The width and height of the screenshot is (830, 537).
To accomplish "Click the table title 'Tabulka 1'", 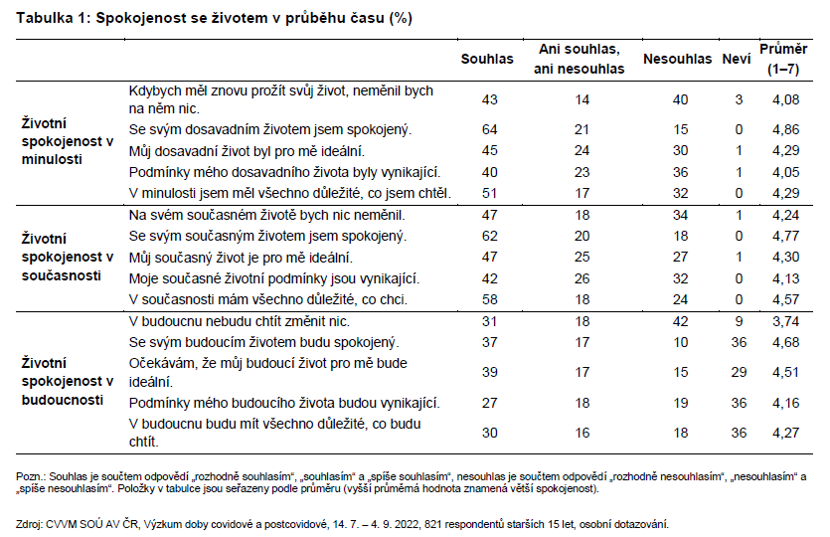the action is coord(53,18).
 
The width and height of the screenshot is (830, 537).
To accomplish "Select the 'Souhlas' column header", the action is coord(487,59).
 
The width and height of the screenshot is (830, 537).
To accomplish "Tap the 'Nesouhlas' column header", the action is coord(677,59).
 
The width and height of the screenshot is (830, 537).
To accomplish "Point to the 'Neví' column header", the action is coord(737,59).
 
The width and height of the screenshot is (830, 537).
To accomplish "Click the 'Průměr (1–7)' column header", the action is coord(783,59).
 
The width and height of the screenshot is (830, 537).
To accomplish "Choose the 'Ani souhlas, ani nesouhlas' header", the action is coord(580,59).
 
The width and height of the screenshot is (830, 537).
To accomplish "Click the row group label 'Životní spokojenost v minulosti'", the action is coord(68,141).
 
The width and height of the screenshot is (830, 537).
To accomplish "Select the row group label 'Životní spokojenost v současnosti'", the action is coord(68,258).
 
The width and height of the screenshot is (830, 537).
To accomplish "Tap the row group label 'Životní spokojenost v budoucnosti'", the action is coord(68,381).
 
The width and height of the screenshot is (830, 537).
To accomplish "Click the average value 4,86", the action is coord(785,129).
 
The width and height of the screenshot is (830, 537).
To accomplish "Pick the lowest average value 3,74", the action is coord(785,321).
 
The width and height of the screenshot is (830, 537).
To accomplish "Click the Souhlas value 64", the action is coord(490,129).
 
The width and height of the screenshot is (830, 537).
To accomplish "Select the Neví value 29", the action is coord(739,372).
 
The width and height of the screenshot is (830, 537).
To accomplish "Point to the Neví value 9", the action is coord(739,321).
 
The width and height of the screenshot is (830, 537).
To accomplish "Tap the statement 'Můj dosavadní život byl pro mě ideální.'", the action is coord(247,151).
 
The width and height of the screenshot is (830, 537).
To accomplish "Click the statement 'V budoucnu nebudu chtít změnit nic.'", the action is coord(240,321).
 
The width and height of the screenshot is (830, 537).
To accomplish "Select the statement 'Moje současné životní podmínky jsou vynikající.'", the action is coord(274,278).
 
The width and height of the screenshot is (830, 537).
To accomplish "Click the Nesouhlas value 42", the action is coord(680,321).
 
